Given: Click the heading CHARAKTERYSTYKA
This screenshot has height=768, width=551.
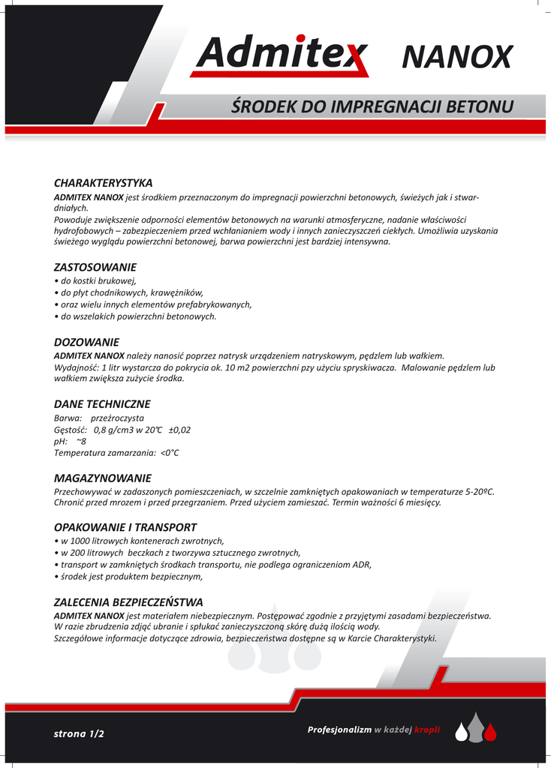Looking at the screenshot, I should tap(103, 183).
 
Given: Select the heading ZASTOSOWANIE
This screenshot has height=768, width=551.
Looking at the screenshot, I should tap(95, 267).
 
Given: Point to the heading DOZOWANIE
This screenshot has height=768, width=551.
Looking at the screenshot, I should tap(86, 342).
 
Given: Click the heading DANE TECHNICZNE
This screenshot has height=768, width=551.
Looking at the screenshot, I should tap(102, 404).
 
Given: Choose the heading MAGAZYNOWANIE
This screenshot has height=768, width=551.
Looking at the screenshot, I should tap(103, 478).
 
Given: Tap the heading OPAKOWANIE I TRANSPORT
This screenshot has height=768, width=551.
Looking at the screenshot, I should tap(125, 527).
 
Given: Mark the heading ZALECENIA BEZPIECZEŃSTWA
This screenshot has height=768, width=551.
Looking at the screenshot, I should tap(128, 602).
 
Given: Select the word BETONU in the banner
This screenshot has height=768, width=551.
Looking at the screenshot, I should tap(480, 106).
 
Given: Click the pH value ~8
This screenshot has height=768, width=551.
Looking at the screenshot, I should tap(81, 441).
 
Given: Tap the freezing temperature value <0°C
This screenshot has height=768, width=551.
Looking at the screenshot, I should tap(170, 453).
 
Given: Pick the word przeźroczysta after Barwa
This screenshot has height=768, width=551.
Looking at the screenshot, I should tap(117, 418).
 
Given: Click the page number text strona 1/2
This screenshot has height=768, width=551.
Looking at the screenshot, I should tap(79, 734).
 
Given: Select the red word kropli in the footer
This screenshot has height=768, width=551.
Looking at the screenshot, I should tap(427, 730).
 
